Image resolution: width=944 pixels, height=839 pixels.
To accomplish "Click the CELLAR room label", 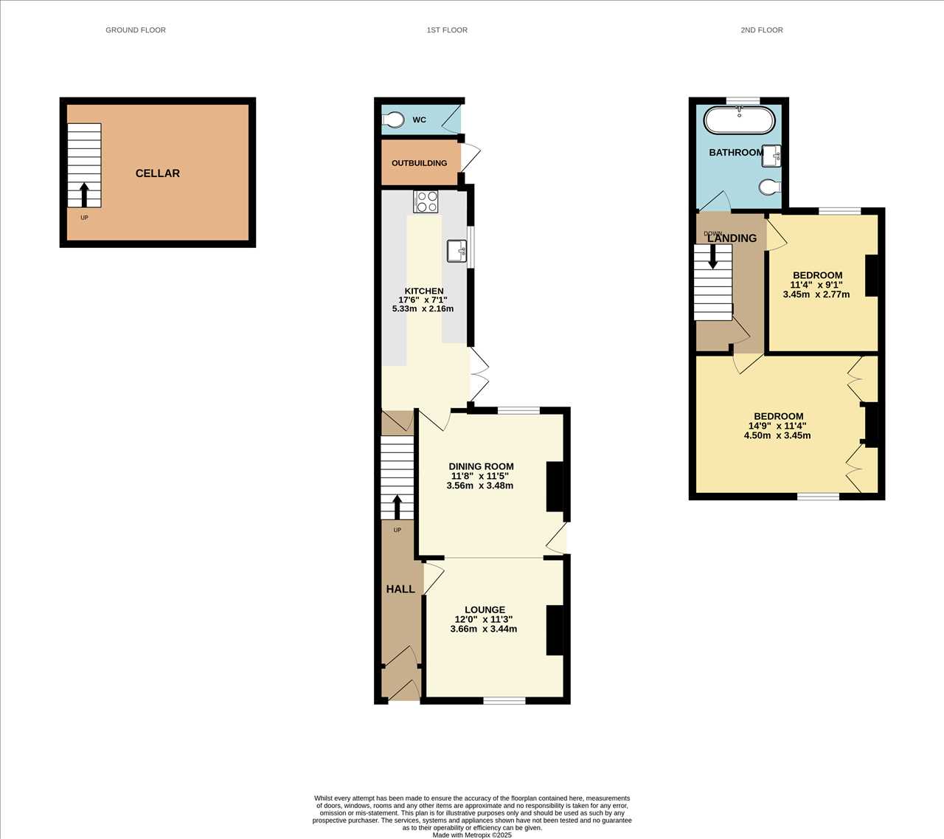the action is click(158, 173).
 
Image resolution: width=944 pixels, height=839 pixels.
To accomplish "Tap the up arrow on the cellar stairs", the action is click(84, 195).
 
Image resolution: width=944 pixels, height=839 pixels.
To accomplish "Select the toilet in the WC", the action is click(393, 120).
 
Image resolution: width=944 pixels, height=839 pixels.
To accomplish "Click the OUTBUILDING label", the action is click(420, 163).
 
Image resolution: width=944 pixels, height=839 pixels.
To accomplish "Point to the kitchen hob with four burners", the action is click(426, 201).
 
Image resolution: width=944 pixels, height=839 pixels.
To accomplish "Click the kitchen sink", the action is click(457, 251).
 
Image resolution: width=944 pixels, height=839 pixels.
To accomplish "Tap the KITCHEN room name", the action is click(424, 291).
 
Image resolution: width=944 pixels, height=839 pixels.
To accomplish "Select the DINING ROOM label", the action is click(481, 466).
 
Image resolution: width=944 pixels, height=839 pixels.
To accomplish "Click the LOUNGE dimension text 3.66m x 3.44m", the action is click(484, 629).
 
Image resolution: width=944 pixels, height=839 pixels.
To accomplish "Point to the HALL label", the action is click(400, 589).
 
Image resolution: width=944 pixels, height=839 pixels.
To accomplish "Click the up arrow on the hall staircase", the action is click(397, 507).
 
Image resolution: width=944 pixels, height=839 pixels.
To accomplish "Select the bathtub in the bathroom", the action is click(740, 120).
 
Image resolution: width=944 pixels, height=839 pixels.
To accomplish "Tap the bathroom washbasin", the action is click(771, 156).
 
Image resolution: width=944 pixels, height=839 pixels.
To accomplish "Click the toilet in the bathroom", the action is click(770, 187).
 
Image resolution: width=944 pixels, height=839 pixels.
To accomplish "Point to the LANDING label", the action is click(732, 238).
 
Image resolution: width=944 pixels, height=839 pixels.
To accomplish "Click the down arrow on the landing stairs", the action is click(713, 257).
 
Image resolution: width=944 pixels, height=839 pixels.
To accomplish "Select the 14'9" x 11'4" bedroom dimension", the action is click(777, 426).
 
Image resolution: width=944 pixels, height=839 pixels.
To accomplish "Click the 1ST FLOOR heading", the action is click(447, 30).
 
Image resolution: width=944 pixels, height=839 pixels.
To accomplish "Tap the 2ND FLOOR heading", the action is click(762, 30).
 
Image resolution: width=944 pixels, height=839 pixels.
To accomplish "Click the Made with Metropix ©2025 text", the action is click(472, 835).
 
